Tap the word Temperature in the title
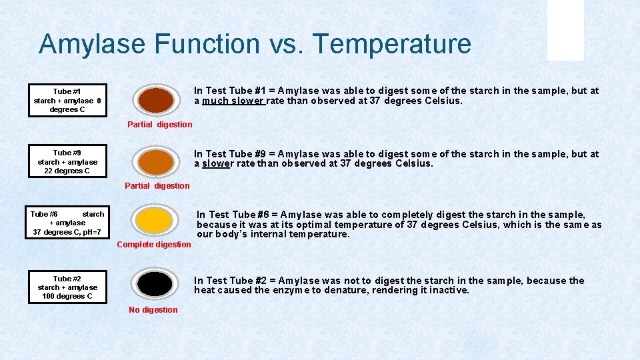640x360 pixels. point(392,45)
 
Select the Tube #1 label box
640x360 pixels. point(67,100)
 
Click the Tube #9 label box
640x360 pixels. point(67,161)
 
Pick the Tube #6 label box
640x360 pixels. point(67,223)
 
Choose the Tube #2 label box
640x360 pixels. point(67,287)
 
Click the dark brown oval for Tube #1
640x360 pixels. point(156,101)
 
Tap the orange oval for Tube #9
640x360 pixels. point(156,161)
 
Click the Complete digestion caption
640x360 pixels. point(154,245)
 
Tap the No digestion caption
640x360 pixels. point(153,309)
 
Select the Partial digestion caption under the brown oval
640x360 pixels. point(160,124)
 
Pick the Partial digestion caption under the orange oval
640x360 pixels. point(157,186)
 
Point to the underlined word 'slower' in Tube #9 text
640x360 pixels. point(217,163)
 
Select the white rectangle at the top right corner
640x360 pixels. point(565,30)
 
